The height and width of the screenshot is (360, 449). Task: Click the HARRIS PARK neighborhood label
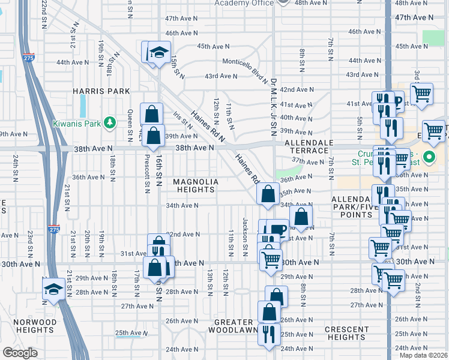93,91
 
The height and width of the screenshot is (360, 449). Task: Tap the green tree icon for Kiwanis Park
109,123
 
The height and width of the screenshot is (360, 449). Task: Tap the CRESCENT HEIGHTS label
348,333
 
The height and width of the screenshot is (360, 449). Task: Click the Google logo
20,353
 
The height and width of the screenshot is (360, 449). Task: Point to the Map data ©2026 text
423,355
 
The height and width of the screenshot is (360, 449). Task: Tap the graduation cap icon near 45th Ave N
159,52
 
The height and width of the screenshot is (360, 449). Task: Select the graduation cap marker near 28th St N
53,289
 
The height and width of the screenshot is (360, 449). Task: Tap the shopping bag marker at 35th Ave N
267,194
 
